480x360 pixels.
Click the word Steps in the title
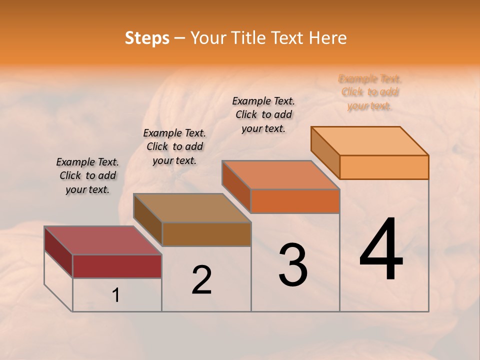147,38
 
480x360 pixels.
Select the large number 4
381,250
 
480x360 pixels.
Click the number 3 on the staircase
293,265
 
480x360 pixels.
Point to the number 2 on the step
202,280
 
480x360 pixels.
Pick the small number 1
116,295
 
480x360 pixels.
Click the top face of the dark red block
102,240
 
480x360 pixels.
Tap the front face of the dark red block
117,266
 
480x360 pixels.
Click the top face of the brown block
192,207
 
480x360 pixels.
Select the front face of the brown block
206,234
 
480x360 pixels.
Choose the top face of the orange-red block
281,175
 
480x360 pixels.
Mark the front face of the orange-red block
295,201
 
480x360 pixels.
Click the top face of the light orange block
370,140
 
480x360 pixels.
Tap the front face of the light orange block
384,167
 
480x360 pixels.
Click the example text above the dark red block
87,176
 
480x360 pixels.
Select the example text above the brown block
174,146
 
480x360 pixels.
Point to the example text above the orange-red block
263,114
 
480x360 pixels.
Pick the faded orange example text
370,92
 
